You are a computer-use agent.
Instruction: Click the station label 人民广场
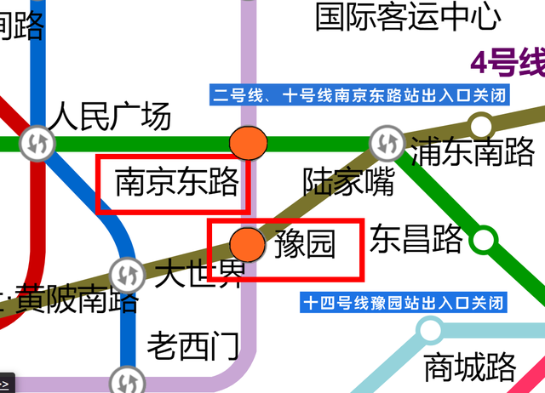(109, 117)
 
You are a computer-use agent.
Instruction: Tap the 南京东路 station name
(176, 182)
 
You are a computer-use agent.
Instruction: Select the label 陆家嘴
(349, 181)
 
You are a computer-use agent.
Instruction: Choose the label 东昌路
(416, 239)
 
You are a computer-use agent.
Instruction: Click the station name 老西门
(192, 346)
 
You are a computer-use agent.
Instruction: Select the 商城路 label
(469, 367)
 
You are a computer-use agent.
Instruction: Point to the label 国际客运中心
(408, 16)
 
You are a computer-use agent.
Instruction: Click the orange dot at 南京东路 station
(249, 141)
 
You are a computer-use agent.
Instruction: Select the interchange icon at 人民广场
(38, 142)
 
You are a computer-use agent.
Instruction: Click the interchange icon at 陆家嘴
(387, 141)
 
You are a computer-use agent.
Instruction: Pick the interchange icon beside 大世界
(127, 276)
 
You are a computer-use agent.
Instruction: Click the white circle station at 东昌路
(484, 239)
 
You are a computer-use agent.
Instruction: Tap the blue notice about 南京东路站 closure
(359, 95)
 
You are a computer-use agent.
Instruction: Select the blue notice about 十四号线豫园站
(404, 302)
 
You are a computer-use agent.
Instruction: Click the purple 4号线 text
(508, 62)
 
